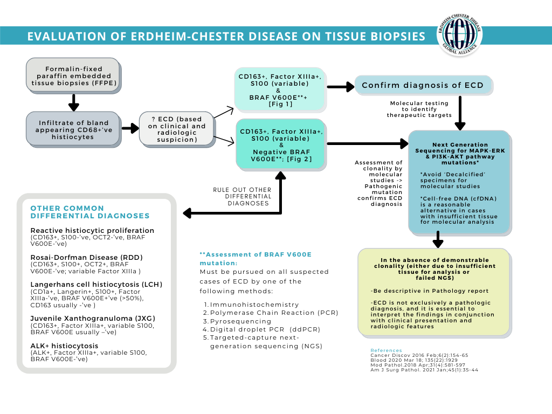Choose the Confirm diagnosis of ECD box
423,85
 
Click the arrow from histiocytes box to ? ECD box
130,129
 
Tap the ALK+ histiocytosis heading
64,346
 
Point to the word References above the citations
386,350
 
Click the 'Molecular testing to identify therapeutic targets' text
419,108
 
